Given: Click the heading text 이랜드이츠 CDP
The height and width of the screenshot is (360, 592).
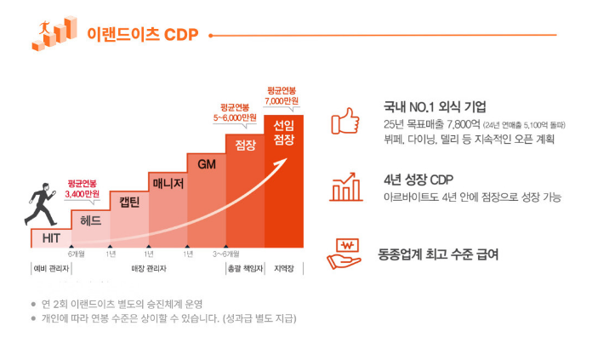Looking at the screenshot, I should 142,35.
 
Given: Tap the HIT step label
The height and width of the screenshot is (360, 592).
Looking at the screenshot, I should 51,237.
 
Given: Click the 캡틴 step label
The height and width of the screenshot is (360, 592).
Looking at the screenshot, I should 129,202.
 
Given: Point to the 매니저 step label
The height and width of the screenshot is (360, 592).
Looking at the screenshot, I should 168,182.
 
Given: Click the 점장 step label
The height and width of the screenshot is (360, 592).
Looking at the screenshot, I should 245,144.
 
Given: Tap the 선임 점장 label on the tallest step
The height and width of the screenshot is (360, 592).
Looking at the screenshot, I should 283,131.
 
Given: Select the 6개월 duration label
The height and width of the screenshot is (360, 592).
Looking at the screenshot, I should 75,254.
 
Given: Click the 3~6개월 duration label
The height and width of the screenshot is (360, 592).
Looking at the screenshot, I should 225,254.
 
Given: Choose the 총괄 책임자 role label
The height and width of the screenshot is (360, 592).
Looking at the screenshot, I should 244,270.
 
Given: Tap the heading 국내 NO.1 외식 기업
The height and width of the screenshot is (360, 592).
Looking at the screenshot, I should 435,107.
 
